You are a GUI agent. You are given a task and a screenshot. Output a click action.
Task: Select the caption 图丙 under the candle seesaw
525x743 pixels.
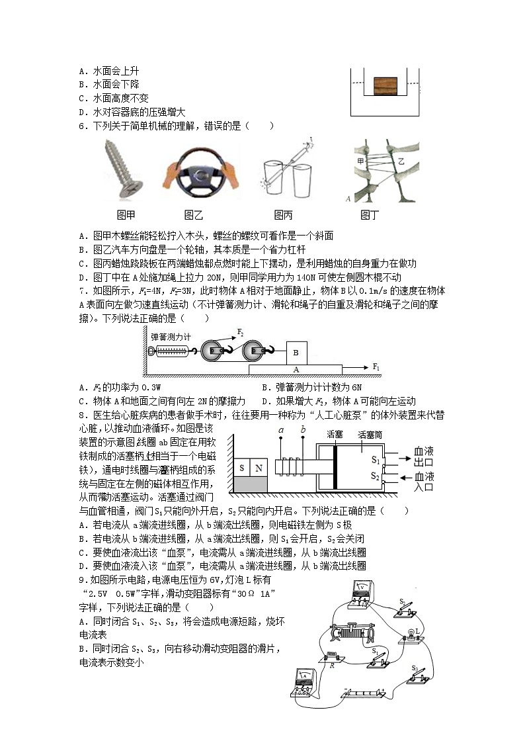coord(283,215)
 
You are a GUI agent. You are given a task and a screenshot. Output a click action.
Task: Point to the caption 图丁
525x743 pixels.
coord(370,215)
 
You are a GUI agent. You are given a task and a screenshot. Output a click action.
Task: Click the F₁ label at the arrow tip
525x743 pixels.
coord(376,366)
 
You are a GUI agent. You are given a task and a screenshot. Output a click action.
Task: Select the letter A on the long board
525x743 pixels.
coord(296,369)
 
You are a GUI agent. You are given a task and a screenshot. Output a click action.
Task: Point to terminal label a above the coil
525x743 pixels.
coord(281,430)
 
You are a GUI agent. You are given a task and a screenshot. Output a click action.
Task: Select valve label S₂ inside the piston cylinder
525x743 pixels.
coord(376,475)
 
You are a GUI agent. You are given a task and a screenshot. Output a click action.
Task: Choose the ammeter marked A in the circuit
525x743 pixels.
coord(304,683)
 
